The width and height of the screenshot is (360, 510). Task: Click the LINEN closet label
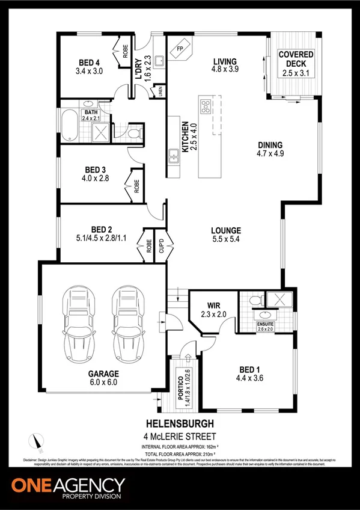tap(161, 91)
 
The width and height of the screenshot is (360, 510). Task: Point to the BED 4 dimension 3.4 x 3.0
tap(90, 71)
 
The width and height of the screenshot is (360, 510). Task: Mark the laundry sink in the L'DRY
tap(160, 60)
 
